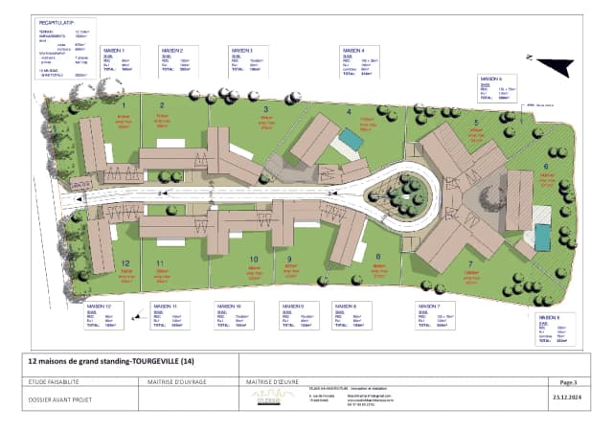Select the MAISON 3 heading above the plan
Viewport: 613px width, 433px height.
coord(239,49)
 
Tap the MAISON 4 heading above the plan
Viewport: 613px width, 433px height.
coord(352,49)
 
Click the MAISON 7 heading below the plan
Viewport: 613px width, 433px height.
coord(428,306)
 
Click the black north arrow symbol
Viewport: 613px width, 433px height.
coord(556,64)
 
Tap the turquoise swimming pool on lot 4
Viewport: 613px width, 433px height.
coord(351,140)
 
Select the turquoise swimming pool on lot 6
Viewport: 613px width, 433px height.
coord(543,237)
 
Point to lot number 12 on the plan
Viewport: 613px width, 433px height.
coord(125,262)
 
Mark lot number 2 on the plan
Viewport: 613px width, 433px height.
coord(162,105)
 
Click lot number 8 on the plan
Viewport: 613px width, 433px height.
coord(377,256)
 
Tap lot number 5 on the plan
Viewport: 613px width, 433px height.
coord(475,123)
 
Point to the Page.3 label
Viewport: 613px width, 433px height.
coord(568,380)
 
